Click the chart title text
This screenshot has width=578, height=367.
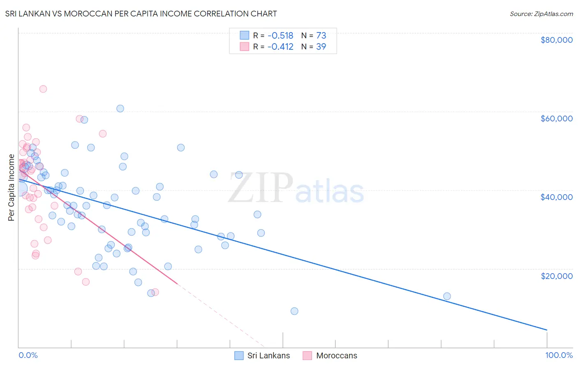(x=141, y=14)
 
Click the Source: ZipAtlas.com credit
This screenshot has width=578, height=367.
(x=541, y=14)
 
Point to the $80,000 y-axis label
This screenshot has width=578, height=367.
(x=556, y=40)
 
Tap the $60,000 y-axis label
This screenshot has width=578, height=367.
(x=556, y=118)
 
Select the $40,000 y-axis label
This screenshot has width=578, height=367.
(x=556, y=197)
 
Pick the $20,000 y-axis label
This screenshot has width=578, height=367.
(x=556, y=276)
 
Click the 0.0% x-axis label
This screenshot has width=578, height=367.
(x=28, y=355)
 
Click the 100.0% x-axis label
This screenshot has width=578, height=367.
(x=559, y=355)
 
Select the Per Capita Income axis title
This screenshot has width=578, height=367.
(x=11, y=188)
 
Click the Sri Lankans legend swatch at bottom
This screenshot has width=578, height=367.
(x=239, y=355)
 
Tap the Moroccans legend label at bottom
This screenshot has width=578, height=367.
(x=336, y=355)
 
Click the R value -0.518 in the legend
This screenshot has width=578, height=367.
(x=280, y=36)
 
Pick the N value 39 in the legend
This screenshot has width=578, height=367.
(x=321, y=47)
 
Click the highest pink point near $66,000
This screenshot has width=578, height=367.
(x=43, y=89)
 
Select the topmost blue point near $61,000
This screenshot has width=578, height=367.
(x=120, y=109)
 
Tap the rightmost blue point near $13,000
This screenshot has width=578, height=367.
(x=447, y=296)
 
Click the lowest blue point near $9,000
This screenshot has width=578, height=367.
(x=294, y=311)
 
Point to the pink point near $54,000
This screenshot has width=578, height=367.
(x=103, y=134)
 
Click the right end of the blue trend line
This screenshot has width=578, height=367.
(x=547, y=330)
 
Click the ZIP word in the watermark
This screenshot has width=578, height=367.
(x=261, y=188)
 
